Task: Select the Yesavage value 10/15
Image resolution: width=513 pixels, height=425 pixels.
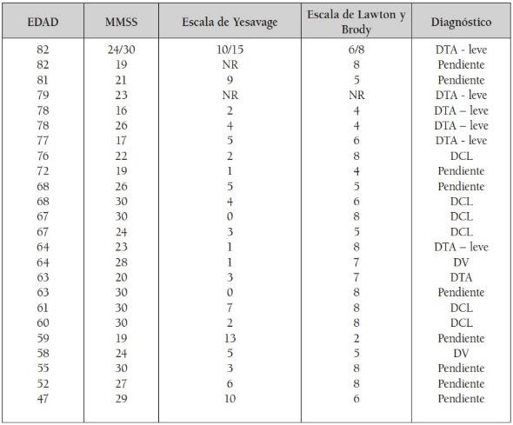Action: click(230, 50)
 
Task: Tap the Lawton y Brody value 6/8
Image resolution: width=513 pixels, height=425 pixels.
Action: click(355, 50)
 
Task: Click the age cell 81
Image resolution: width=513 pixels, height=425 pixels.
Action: click(43, 80)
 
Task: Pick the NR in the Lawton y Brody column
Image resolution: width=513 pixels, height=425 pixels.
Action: click(355, 95)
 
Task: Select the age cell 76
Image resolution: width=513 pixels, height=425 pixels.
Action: click(43, 156)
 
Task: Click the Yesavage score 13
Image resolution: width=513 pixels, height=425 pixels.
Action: click(230, 338)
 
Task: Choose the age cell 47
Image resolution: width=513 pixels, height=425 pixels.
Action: click(43, 399)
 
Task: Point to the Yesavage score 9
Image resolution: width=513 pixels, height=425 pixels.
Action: click(230, 80)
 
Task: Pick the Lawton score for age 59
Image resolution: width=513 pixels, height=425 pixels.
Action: click(355, 338)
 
